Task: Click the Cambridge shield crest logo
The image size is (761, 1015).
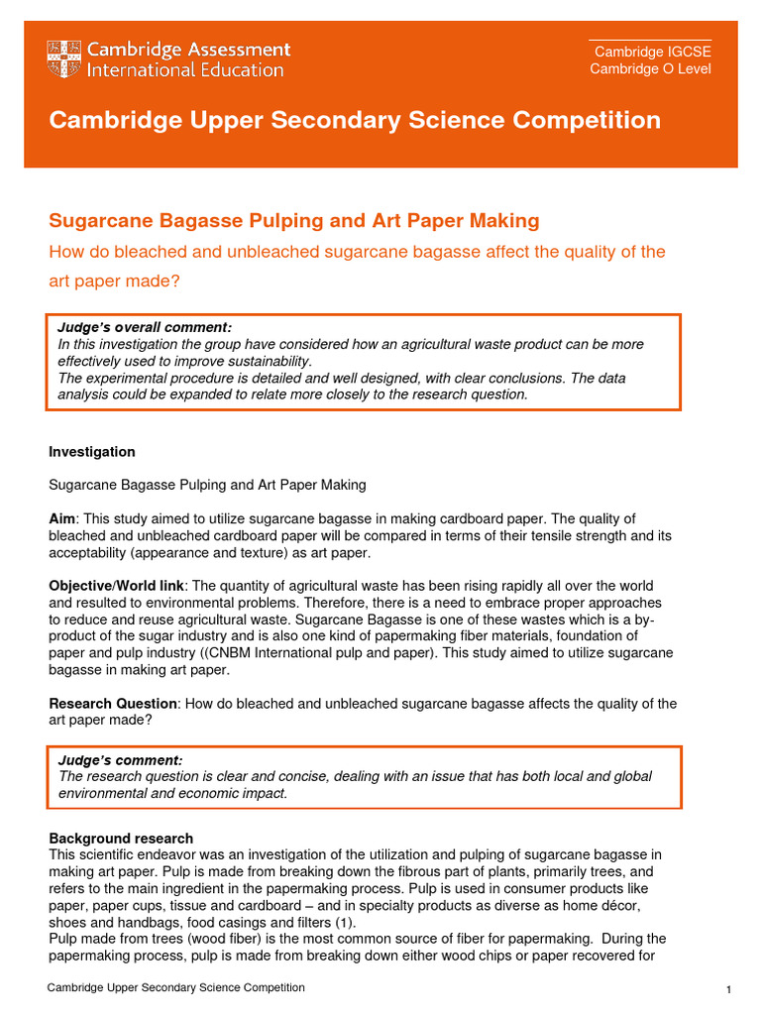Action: tap(64, 59)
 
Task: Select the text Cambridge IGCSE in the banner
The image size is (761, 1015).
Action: tap(652, 53)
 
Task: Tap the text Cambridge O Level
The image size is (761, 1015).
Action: tap(650, 68)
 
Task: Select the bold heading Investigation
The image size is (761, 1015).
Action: tap(92, 452)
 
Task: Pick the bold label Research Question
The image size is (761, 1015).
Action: tap(113, 704)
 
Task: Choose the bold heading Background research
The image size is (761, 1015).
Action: tap(121, 839)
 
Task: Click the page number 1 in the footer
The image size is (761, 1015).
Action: tap(728, 990)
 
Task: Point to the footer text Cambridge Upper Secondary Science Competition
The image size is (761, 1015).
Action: tap(177, 987)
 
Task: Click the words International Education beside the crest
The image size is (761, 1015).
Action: tap(185, 70)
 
